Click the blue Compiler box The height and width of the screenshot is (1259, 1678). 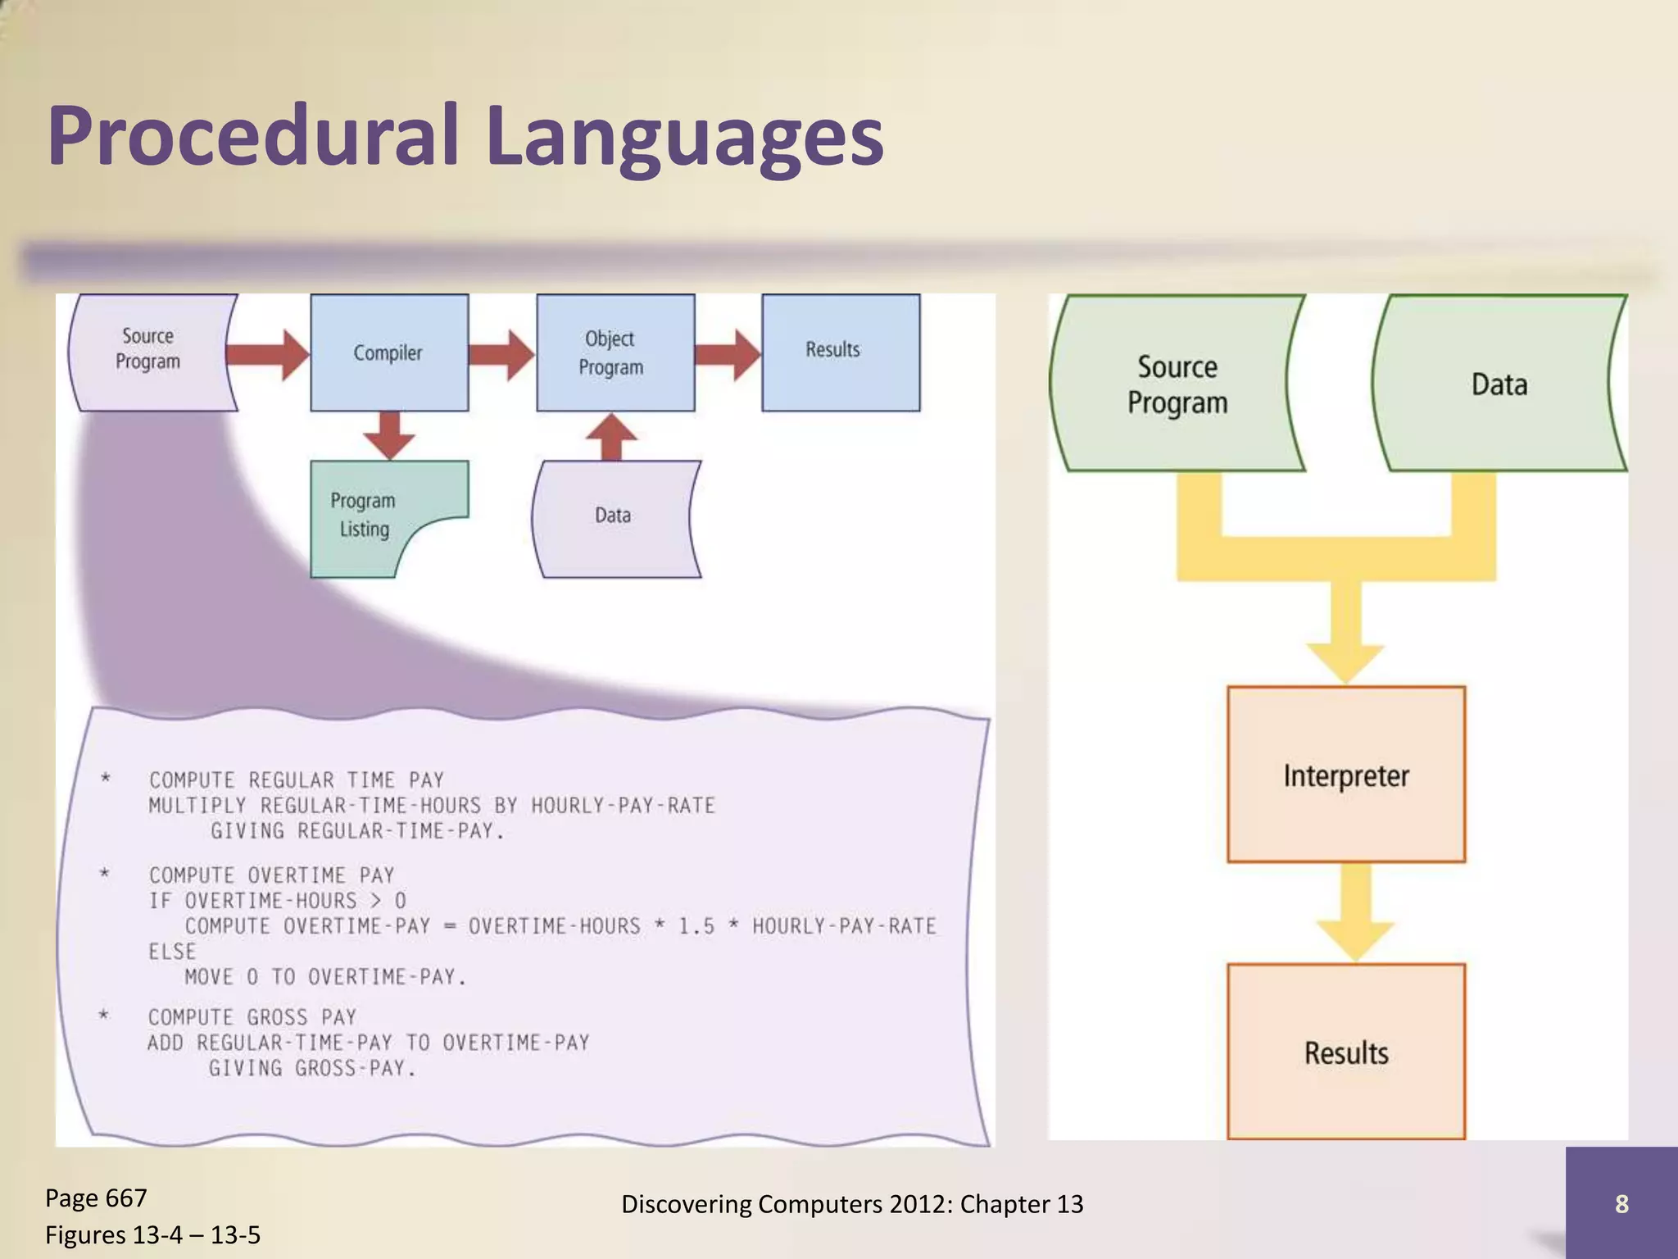tap(388, 352)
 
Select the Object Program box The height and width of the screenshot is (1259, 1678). tap(615, 352)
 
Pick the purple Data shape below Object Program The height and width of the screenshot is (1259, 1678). tap(615, 516)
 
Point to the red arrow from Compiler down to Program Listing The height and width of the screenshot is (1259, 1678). tap(389, 434)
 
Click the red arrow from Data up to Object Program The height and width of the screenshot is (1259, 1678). tap(612, 437)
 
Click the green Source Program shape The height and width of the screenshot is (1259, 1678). tap(1177, 384)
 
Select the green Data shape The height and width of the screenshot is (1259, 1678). tap(1499, 384)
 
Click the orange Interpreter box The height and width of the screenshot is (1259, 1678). tap(1345, 775)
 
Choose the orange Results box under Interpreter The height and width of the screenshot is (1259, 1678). tap(1345, 1052)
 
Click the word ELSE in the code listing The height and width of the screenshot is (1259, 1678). tap(172, 952)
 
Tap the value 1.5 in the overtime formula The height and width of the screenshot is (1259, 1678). tap(696, 926)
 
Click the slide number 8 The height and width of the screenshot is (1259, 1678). tap(1621, 1203)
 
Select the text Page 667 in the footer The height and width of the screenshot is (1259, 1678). tap(96, 1198)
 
